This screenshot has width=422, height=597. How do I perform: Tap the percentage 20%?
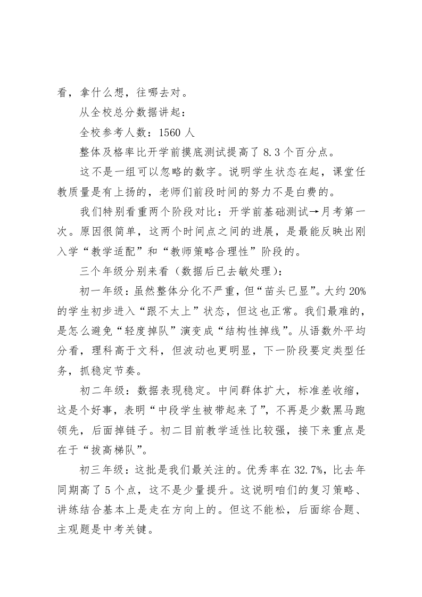(x=353, y=292)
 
